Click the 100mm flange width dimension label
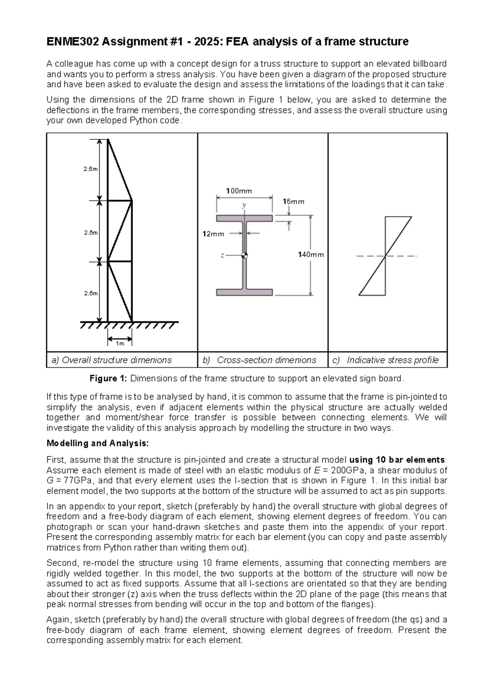coord(239,191)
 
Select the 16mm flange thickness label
coord(293,201)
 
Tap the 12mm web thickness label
coord(213,234)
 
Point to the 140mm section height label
coord(311,255)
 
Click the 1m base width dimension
coord(120,343)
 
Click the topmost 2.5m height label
coord(91,169)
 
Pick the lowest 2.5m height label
coord(91,293)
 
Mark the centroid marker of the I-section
coord(244,255)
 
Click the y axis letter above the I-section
coord(244,205)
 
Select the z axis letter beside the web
coord(222,256)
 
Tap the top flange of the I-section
coord(244,219)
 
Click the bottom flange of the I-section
coord(244,292)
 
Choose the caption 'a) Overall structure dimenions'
coord(111,360)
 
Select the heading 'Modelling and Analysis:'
coord(98,443)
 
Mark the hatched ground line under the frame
coord(129,325)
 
